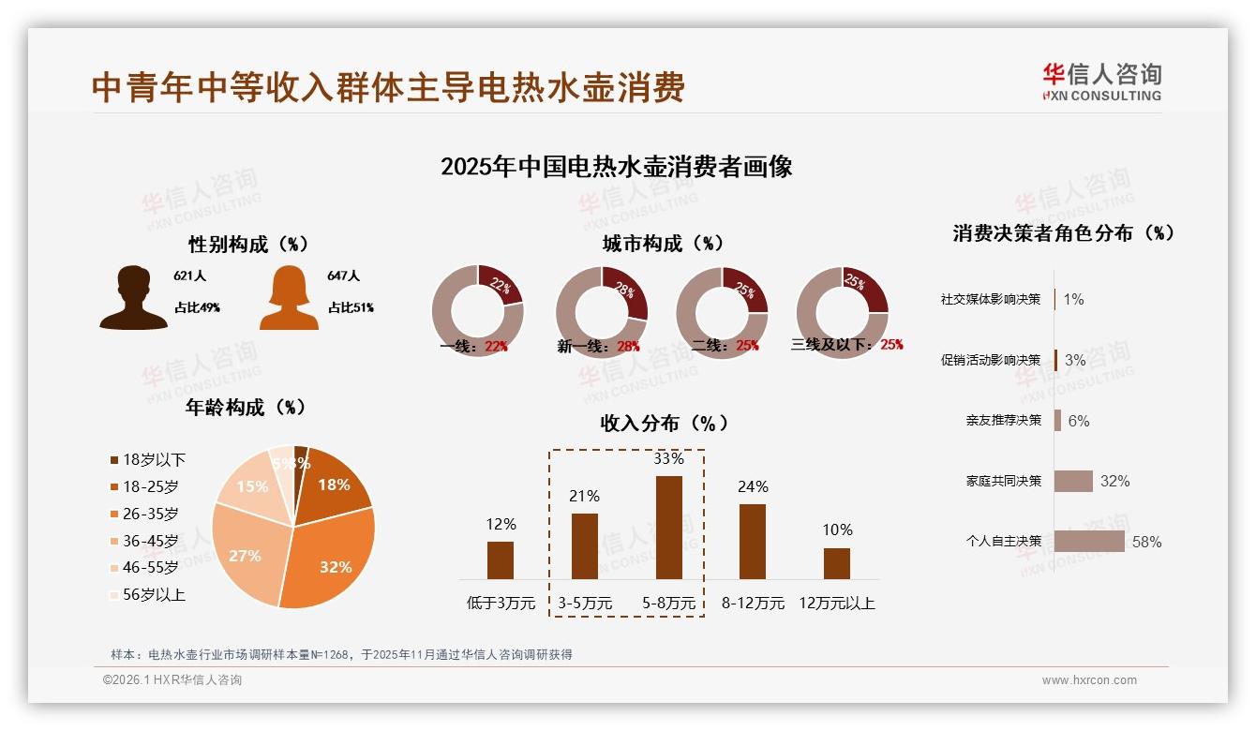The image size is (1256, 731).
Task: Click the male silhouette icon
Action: click(133, 297)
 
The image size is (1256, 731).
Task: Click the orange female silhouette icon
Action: click(289, 297)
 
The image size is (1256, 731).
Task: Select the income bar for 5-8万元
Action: click(668, 528)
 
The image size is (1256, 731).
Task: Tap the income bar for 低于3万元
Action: click(501, 559)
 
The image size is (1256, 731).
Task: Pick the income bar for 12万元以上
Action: click(836, 563)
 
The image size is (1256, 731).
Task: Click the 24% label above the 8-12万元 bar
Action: click(753, 486)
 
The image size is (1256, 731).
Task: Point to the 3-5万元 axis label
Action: click(585, 604)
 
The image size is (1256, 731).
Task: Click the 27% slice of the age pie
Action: click(246, 553)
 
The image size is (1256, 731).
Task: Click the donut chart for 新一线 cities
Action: click(602, 312)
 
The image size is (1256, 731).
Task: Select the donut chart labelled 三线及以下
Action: click(842, 312)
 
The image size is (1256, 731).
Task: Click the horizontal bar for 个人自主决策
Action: click(1089, 542)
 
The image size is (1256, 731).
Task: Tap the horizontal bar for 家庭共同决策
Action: click(1073, 481)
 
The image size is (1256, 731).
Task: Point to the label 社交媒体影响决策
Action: click(991, 299)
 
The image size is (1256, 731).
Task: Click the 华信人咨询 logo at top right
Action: click(1101, 82)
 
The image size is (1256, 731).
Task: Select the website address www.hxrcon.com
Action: click(1089, 680)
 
